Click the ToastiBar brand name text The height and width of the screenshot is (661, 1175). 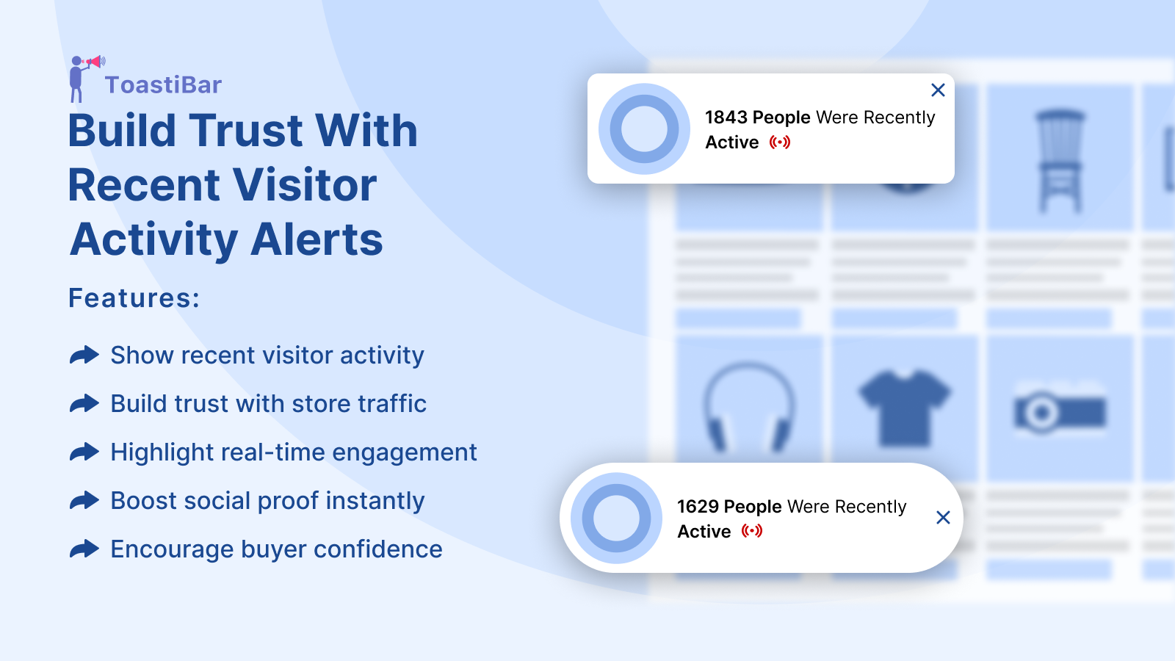coord(163,85)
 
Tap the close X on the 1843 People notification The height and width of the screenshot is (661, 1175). coord(938,90)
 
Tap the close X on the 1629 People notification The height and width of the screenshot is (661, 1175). coord(943,518)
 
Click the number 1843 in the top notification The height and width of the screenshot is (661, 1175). coord(726,118)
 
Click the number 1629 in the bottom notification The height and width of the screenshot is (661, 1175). coord(698,507)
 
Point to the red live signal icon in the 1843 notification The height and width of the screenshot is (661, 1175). coord(779,142)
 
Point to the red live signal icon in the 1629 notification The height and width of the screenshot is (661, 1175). coord(752,532)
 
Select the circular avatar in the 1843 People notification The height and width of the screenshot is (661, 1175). coord(644,129)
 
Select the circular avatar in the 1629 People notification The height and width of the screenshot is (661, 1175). coord(616,519)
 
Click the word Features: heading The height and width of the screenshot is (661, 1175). coord(134,298)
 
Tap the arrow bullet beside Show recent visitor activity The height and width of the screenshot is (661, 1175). coord(84,355)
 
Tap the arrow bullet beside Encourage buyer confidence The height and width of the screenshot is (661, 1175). coord(84,549)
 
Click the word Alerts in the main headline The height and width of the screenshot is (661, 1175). coord(317,239)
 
